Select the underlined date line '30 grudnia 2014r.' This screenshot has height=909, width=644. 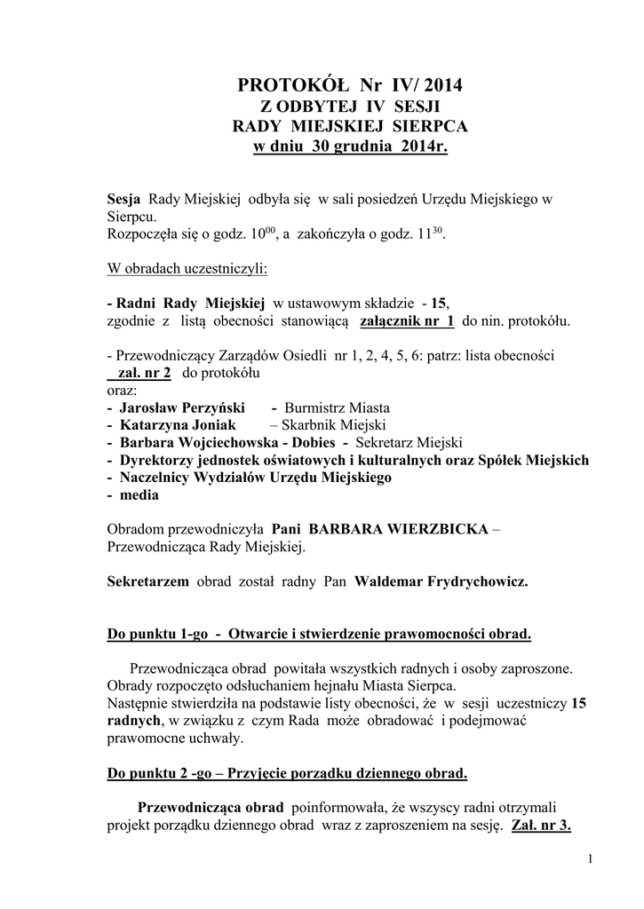point(352,146)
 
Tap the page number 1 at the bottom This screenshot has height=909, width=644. point(590,858)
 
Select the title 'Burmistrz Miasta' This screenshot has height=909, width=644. point(336,407)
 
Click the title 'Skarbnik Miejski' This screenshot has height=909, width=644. point(339,425)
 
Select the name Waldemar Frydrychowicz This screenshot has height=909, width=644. point(441,581)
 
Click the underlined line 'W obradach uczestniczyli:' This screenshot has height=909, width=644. point(187,268)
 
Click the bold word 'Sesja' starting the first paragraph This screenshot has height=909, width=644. point(123,199)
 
